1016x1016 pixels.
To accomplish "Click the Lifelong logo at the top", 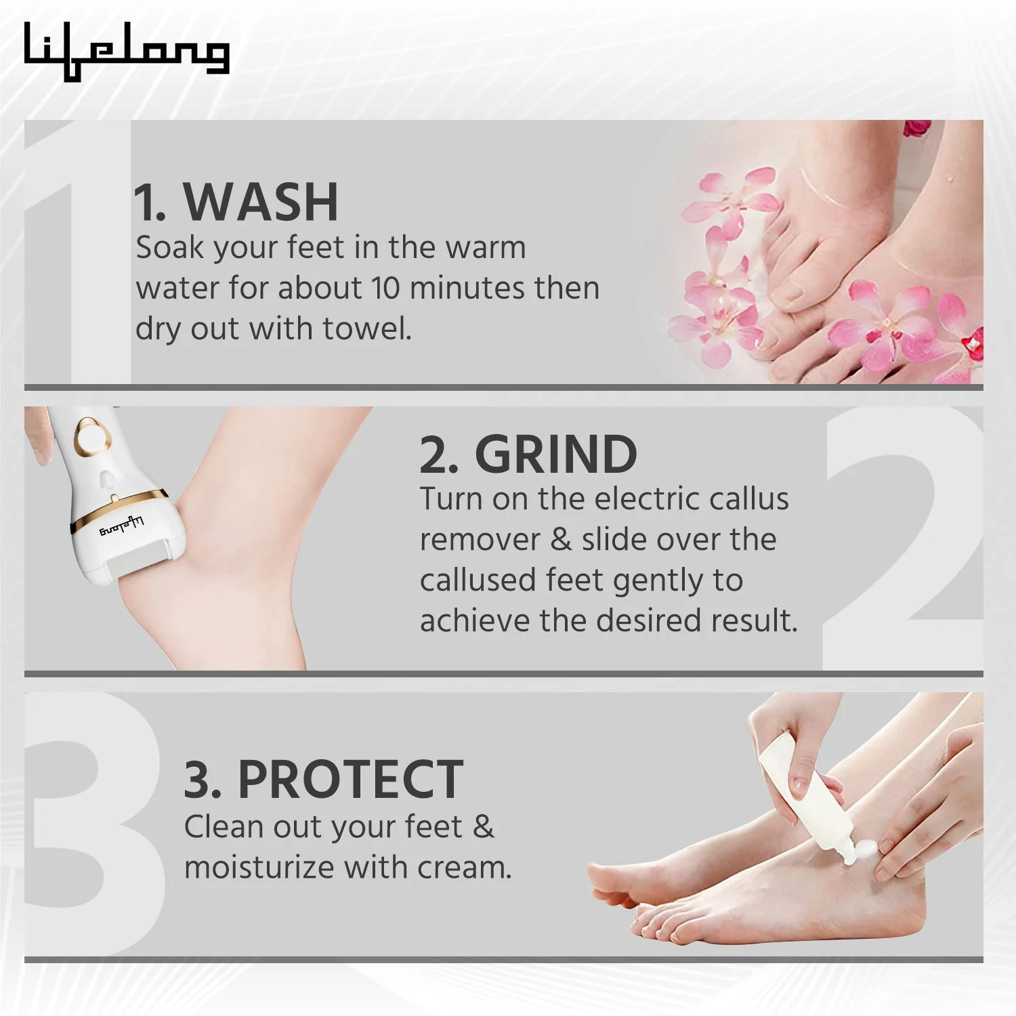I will pyautogui.click(x=127, y=51).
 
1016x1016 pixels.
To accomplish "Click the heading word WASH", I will pyautogui.click(x=261, y=202).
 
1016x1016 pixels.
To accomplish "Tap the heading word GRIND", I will pyautogui.click(x=555, y=454).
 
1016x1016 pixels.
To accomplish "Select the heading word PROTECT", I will pyautogui.click(x=350, y=780).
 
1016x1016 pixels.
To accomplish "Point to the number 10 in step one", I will pyautogui.click(x=385, y=288).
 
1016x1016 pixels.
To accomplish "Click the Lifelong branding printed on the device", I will pyautogui.click(x=122, y=526).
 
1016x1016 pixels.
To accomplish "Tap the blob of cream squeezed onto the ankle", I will pyautogui.click(x=864, y=849).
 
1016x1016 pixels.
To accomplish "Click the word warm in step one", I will pyautogui.click(x=485, y=247).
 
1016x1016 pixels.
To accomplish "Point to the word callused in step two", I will pyautogui.click(x=478, y=580).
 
